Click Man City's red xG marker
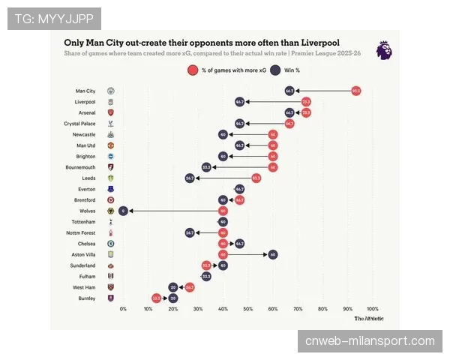(355, 91)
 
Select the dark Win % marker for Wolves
(123, 211)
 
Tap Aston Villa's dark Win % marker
(273, 255)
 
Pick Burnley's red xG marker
(156, 298)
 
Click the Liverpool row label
(85, 101)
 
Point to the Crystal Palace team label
(79, 123)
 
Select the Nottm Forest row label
(82, 233)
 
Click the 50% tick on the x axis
(248, 309)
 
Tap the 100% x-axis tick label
(373, 309)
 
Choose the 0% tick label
(123, 309)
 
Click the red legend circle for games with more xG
(193, 70)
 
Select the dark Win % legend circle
(275, 70)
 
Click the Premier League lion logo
(383, 50)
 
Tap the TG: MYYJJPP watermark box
(54, 18)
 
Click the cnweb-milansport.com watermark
(370, 341)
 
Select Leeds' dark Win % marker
(190, 178)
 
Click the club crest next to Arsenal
(111, 112)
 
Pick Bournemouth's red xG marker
(273, 167)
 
